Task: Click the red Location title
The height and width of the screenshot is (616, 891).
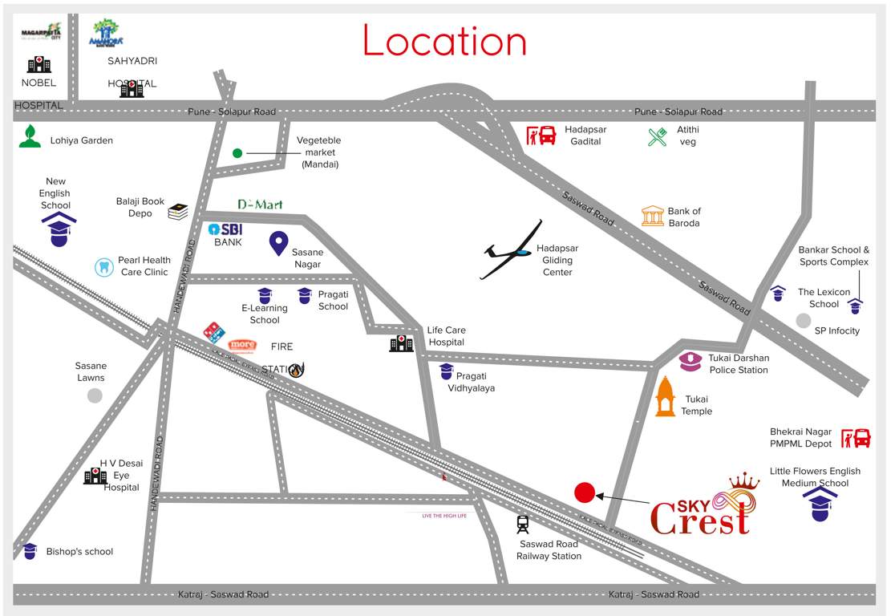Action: pyautogui.click(x=445, y=40)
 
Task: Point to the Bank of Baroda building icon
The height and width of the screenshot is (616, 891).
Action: pyautogui.click(x=653, y=216)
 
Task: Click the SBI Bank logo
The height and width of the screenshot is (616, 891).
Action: pyautogui.click(x=225, y=229)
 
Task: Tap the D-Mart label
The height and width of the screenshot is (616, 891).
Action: pyautogui.click(x=260, y=205)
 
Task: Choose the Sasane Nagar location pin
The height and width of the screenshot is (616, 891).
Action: pyautogui.click(x=278, y=243)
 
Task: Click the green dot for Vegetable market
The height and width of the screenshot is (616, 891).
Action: pyautogui.click(x=237, y=152)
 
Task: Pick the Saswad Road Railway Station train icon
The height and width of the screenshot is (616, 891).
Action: pyautogui.click(x=523, y=525)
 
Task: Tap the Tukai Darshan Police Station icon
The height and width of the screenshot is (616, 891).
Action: pyautogui.click(x=691, y=362)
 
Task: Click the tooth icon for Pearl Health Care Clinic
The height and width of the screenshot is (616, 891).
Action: pyautogui.click(x=103, y=266)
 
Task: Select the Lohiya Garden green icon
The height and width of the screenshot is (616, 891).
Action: pyautogui.click(x=30, y=136)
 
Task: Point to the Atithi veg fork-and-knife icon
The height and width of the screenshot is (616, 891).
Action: pyautogui.click(x=658, y=136)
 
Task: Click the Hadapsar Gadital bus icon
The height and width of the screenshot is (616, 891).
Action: pyautogui.click(x=541, y=135)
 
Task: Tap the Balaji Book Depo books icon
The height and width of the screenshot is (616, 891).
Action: pyautogui.click(x=178, y=212)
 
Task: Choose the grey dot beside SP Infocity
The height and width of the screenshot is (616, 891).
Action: pyautogui.click(x=803, y=321)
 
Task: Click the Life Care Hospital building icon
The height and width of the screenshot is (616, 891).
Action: pyautogui.click(x=401, y=343)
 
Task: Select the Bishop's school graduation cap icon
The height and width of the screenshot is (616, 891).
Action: pyautogui.click(x=30, y=551)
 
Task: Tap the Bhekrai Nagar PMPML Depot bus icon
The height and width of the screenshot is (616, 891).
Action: pyautogui.click(x=856, y=438)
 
